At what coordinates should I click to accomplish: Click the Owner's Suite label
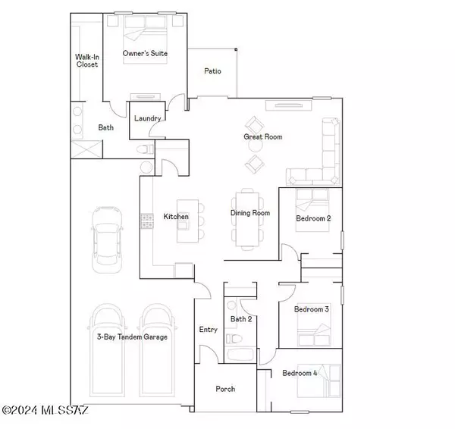146,54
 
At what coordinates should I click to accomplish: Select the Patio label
212,71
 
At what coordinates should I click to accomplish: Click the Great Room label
262,137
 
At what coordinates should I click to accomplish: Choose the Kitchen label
175,218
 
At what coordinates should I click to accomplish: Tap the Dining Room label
250,213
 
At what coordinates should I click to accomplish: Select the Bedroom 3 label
311,309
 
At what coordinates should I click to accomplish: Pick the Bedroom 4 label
300,373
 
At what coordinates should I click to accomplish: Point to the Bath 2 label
241,319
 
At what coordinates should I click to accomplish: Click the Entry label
208,330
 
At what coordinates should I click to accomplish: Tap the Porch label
225,389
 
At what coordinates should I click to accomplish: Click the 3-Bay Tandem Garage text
132,337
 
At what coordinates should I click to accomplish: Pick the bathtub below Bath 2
242,355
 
